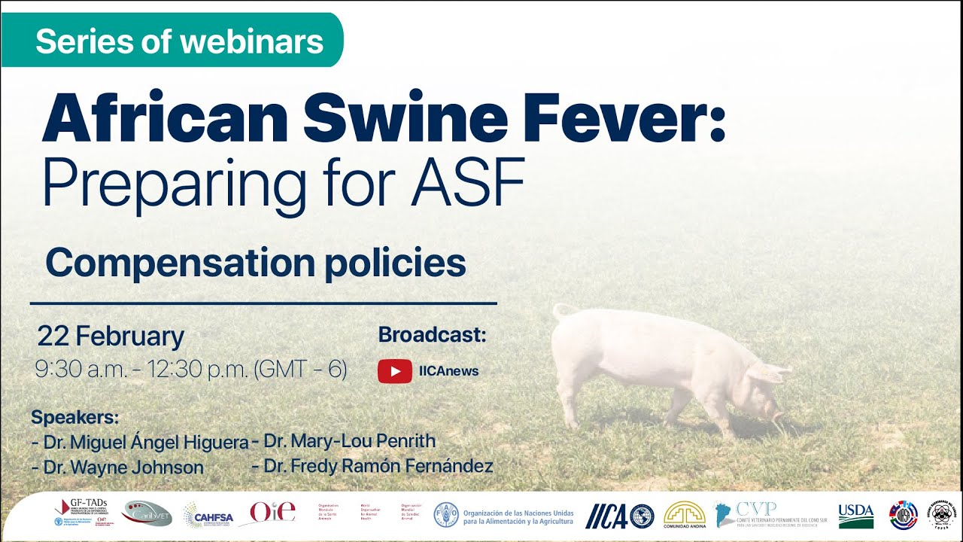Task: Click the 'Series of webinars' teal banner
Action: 179,41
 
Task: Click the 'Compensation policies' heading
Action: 256,263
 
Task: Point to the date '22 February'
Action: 111,336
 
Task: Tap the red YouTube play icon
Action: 394,370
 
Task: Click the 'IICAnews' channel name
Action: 448,370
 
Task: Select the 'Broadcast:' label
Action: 432,335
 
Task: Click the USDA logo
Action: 855,516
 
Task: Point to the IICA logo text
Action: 606,516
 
